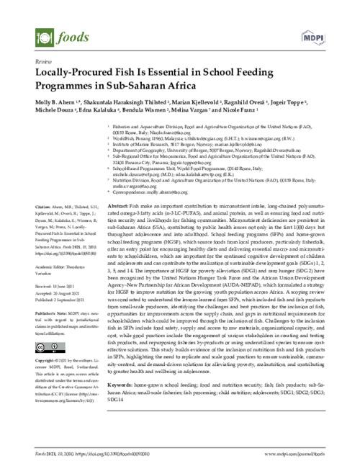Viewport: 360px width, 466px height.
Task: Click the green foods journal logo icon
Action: point(40,35)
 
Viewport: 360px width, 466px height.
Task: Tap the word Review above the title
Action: point(34,63)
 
